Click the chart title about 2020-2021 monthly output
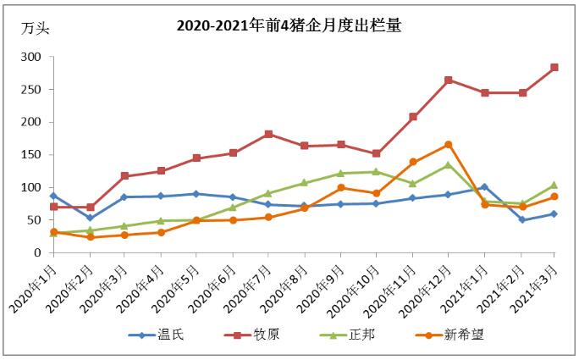pyautogui.click(x=288, y=25)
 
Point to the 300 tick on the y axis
pyautogui.click(x=31, y=58)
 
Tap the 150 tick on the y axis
pyautogui.click(x=31, y=155)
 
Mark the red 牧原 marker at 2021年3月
pyautogui.click(x=554, y=68)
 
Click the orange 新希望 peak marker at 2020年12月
pyautogui.click(x=448, y=145)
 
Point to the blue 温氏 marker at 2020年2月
pyautogui.click(x=90, y=218)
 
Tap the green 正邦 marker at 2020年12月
pyautogui.click(x=448, y=165)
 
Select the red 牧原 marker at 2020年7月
pyautogui.click(x=268, y=134)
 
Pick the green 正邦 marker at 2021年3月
pyautogui.click(x=554, y=185)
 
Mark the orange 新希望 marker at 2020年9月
pyautogui.click(x=340, y=187)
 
